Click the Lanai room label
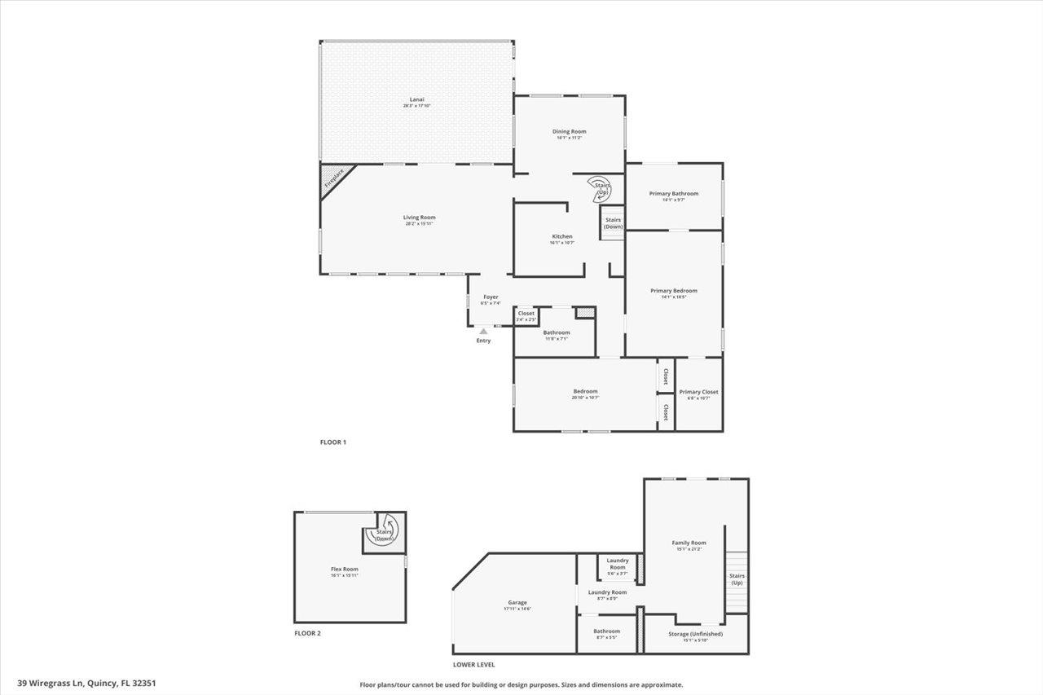pyautogui.click(x=417, y=99)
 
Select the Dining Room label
pyautogui.click(x=569, y=131)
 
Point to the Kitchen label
pyautogui.click(x=562, y=236)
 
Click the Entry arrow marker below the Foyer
pyautogui.click(x=483, y=332)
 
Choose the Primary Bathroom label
pyautogui.click(x=673, y=193)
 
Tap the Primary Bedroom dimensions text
pyautogui.click(x=673, y=297)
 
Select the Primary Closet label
pyautogui.click(x=698, y=392)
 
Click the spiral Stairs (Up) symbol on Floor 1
pyautogui.click(x=601, y=189)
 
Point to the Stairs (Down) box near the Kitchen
pyautogui.click(x=613, y=223)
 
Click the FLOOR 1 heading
pyautogui.click(x=332, y=442)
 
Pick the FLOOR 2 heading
pyautogui.click(x=307, y=633)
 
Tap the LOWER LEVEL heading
pyautogui.click(x=473, y=665)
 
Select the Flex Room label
pyautogui.click(x=344, y=569)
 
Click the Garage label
pyautogui.click(x=517, y=603)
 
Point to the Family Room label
pyautogui.click(x=689, y=543)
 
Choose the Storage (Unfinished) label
pyautogui.click(x=695, y=633)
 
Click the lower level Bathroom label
pyautogui.click(x=606, y=631)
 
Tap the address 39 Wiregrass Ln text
pyautogui.click(x=90, y=684)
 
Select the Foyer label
pyautogui.click(x=491, y=297)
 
